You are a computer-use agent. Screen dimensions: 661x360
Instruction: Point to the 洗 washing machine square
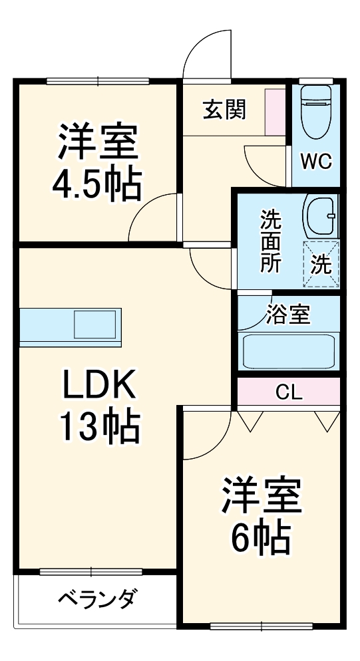coord(321,264)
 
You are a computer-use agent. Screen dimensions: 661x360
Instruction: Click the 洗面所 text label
coord(270,240)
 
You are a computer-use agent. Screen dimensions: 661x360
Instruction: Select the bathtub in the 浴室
coord(288,350)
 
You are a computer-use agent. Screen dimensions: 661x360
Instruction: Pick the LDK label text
coord(99,384)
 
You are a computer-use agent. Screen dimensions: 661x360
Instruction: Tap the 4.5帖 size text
coord(97,182)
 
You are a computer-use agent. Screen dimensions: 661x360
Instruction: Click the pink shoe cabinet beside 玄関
coord(275,110)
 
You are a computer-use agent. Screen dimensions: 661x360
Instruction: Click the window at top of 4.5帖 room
coord(98,81)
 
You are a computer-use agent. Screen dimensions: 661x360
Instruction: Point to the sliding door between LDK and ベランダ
coord(90,571)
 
